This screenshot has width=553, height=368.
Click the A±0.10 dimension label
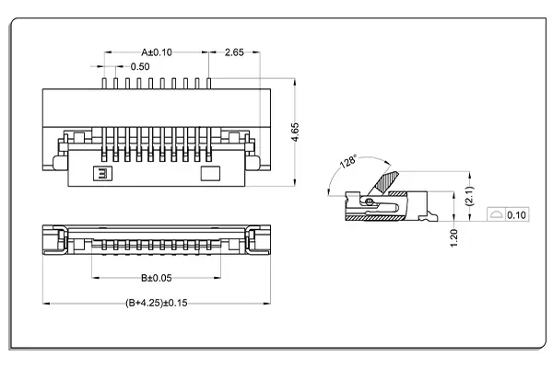coord(156,52)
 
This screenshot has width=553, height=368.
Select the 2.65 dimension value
coord(234,52)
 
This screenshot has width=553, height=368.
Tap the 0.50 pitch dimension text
coord(140,67)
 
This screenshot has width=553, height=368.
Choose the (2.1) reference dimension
coord(470,196)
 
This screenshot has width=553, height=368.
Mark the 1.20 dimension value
coord(453,237)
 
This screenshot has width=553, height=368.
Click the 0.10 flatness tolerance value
coord(517,215)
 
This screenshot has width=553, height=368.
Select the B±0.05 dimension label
coord(155,277)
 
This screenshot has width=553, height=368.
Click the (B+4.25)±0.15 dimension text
coord(158,304)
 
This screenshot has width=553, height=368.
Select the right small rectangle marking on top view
coord(211,172)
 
